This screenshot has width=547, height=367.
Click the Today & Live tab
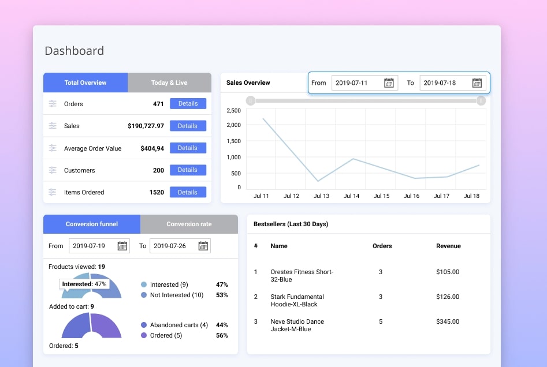[x=169, y=83]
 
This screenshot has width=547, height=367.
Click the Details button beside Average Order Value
[x=188, y=148]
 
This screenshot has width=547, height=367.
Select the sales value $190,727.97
[x=146, y=126]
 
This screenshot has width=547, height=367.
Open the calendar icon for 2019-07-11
[x=389, y=83]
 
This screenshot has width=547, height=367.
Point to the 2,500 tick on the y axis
[x=234, y=110]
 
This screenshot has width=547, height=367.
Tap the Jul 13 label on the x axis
[x=322, y=196]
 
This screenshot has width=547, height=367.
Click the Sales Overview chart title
[x=248, y=83]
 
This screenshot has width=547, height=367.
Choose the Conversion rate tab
[x=189, y=224]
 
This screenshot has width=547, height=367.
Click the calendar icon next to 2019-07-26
[x=203, y=246]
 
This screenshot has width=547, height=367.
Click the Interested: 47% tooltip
[x=84, y=284]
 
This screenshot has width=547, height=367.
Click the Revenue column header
[x=448, y=246]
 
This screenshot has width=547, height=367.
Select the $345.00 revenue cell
[x=448, y=321]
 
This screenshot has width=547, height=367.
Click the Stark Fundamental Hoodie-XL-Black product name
[x=297, y=300]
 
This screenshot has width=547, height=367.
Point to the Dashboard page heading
[x=75, y=51]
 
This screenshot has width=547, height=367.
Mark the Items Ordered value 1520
[x=157, y=192]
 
